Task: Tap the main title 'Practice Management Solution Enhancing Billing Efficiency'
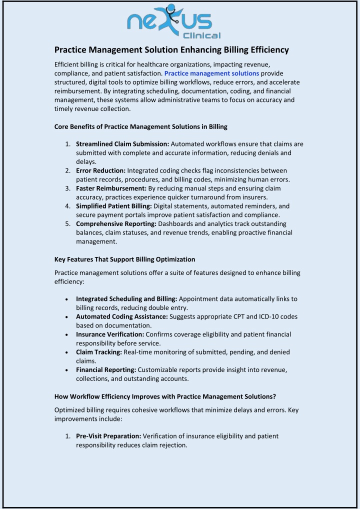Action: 171,50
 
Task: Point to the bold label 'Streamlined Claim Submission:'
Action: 122,144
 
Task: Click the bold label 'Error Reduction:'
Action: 100,170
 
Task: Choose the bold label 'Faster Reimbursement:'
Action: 111,188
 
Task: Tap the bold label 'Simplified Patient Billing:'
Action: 114,206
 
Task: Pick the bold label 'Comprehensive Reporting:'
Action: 116,223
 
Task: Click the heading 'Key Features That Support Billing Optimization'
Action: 124,259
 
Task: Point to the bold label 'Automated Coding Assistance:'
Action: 122,316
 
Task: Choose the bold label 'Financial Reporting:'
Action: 106,369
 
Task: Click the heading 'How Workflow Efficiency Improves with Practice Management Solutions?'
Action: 165,397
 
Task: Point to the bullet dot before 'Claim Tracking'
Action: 67,352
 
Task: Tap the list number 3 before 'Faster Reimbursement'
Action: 67,188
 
